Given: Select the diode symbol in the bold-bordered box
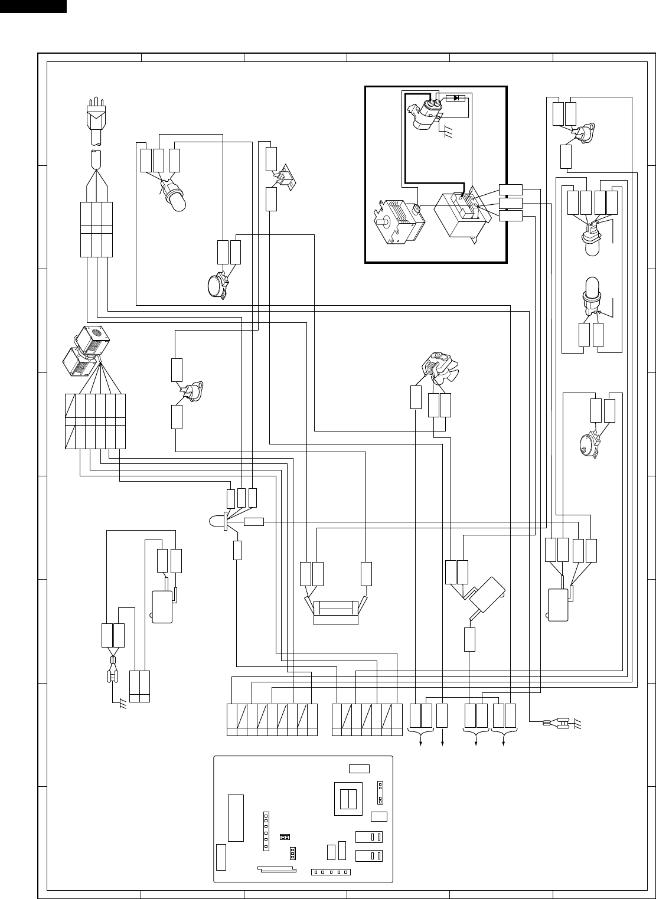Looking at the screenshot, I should (x=455, y=98).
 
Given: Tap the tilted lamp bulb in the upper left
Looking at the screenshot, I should (x=175, y=197).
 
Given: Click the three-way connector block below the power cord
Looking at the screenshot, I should (x=96, y=229).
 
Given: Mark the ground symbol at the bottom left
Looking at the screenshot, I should (x=122, y=704).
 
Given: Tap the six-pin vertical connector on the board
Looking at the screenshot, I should (x=266, y=831).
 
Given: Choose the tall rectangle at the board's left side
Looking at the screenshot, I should (x=236, y=818).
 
